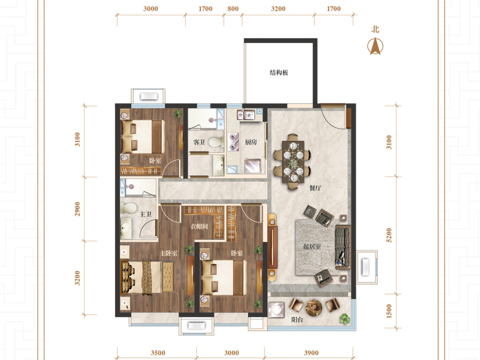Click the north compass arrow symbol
[375, 46]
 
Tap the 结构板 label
[279, 73]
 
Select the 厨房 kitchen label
[251, 142]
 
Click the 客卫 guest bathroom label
[199, 142]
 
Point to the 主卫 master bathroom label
[146, 214]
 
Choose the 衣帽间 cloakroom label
[199, 226]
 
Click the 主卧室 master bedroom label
[169, 253]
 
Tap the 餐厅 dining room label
[315, 188]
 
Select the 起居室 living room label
[312, 246]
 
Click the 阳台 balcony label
[297, 319]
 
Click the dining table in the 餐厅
[293, 161]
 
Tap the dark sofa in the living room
[343, 247]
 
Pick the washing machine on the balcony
[276, 310]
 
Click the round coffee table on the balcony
[314, 307]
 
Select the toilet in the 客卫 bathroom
[216, 142]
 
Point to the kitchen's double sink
[246, 115]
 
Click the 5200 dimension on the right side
[389, 235]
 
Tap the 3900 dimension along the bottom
[311, 353]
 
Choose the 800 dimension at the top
[233, 9]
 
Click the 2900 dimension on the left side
[77, 209]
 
